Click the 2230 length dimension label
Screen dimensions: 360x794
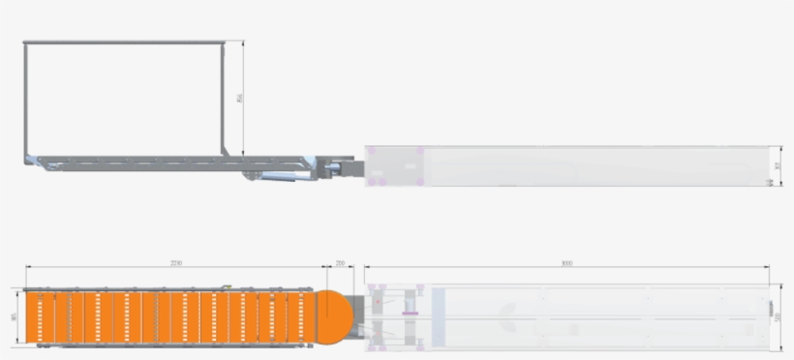[176, 262]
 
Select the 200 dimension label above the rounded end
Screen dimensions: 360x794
[340, 262]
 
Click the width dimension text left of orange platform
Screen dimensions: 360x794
[15, 316]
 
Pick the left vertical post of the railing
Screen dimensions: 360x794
[25, 97]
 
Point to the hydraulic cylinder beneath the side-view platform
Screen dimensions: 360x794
[286, 175]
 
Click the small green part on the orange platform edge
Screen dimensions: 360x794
[225, 287]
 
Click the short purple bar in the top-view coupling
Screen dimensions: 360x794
[409, 314]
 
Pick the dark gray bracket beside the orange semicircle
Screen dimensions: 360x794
[358, 304]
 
